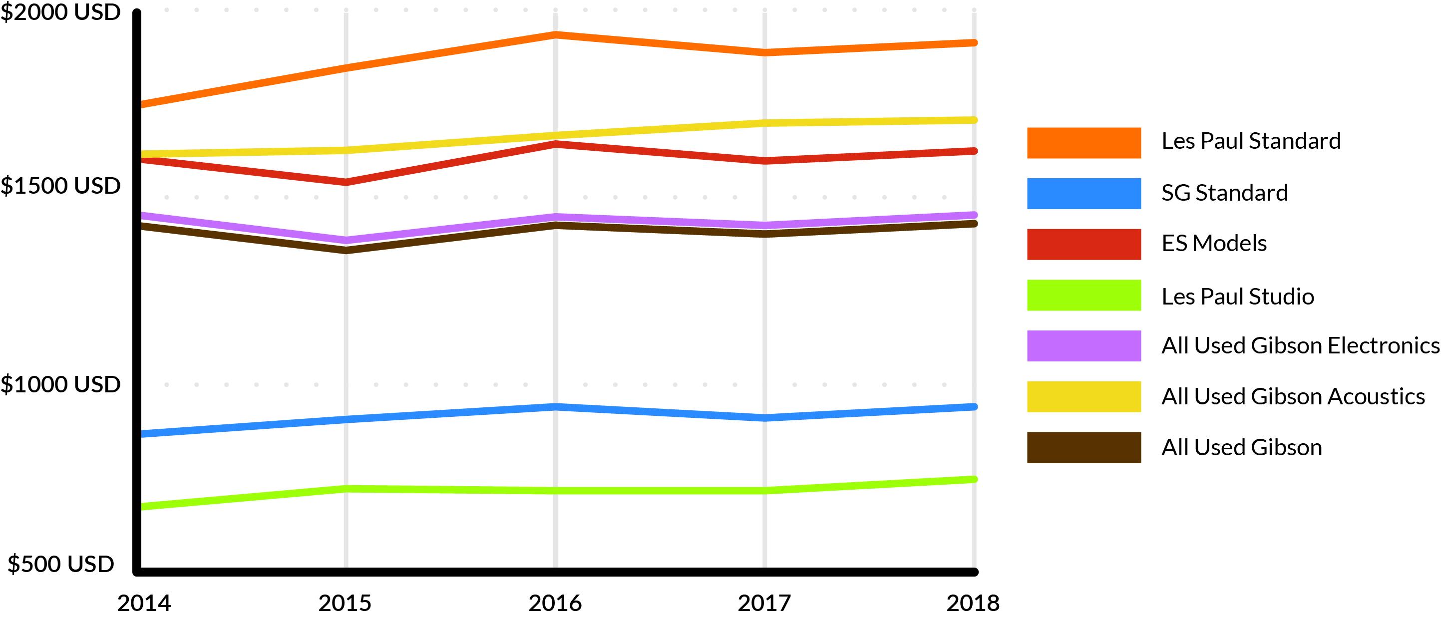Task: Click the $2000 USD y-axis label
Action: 60,12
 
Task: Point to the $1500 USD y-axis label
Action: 60,186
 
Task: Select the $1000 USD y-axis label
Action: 60,385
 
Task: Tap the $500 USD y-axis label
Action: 60,564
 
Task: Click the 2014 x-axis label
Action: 144,604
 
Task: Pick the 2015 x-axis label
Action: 345,604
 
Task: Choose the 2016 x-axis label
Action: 555,604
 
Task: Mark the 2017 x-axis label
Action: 764,604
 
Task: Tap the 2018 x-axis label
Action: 973,604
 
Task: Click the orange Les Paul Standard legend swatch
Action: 1083,143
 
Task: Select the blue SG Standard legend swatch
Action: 1083,194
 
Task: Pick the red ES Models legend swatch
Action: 1083,245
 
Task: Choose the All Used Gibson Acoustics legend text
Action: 1293,396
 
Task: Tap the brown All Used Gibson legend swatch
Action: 1083,447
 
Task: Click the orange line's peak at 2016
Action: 555,34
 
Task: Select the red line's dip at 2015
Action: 346,182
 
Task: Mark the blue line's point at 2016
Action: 555,407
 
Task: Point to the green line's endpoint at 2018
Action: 974,479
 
